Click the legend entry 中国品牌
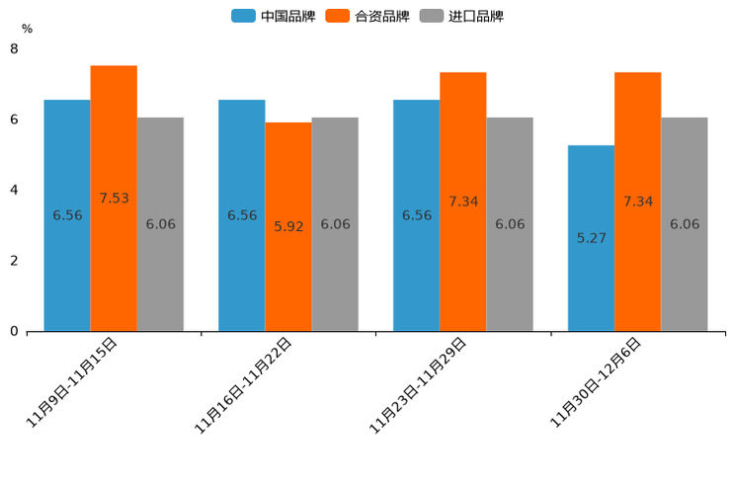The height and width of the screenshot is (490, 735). pos(274,16)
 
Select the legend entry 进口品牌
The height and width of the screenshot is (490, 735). pos(461,16)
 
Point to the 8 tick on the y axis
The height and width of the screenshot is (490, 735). pos(14,48)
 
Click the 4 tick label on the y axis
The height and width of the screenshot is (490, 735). pos(14,190)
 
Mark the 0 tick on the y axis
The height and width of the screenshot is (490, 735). pos(14,332)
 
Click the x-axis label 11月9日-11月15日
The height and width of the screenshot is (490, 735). pos(72,381)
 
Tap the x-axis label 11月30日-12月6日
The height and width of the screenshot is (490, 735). pos(596,381)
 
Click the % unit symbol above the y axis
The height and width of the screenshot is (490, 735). pos(27,29)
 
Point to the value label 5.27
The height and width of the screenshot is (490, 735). pos(591,238)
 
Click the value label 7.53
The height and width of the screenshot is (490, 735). pos(114,199)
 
